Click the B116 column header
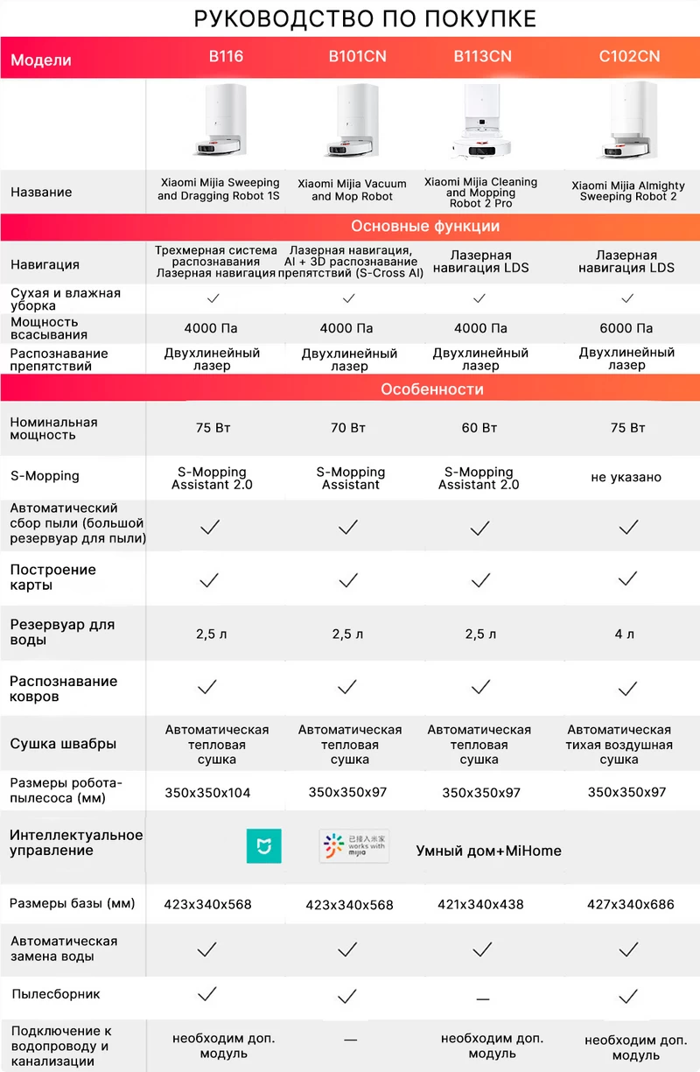pyautogui.click(x=226, y=57)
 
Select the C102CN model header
pyautogui.click(x=629, y=57)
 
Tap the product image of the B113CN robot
pyautogui.click(x=480, y=125)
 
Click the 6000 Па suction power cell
pyautogui.click(x=626, y=328)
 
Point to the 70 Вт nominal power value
pyautogui.click(x=347, y=428)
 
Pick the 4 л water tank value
pyautogui.click(x=624, y=634)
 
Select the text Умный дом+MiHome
pyautogui.click(x=488, y=851)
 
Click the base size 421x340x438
pyautogui.click(x=480, y=904)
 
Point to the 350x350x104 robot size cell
pyautogui.click(x=207, y=793)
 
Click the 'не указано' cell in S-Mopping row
pyautogui.click(x=626, y=478)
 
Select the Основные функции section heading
pyautogui.click(x=425, y=227)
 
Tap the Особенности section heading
pyautogui.click(x=431, y=389)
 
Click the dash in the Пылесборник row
pyautogui.click(x=482, y=998)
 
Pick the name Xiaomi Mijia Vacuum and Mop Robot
pyautogui.click(x=352, y=190)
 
